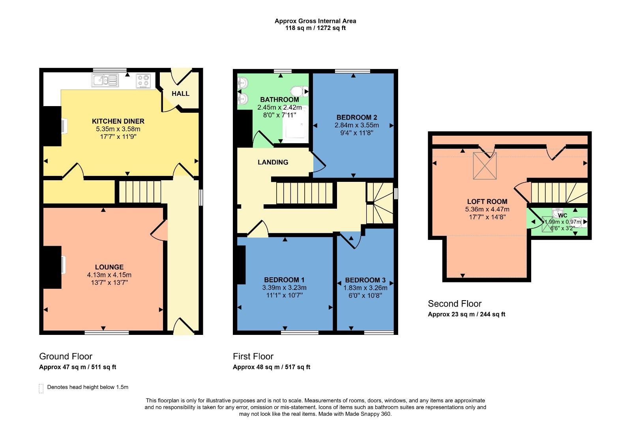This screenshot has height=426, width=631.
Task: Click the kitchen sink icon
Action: pos(105,80)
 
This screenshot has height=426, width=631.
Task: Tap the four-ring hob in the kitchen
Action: pos(144,81)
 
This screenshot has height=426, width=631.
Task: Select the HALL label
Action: pos(180,93)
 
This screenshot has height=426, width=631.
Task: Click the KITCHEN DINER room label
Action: pos(118,121)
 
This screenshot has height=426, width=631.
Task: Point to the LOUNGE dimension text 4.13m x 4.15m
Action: pos(109,275)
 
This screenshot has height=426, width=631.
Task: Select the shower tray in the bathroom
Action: pos(295,124)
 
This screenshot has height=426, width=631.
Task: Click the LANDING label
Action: pos(273,162)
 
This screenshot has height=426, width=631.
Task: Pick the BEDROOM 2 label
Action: pos(356,117)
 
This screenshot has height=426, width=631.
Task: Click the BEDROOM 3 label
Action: pos(365,280)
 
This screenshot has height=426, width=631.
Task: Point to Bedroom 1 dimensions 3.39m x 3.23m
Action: pos(284,288)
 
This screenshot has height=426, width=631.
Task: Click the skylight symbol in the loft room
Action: pos(485,166)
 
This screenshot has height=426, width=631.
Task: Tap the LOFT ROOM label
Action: pos(487,202)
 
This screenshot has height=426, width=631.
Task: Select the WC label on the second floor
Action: pos(563,215)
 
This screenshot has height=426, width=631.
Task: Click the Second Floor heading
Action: pos(455,304)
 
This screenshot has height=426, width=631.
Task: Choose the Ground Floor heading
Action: pos(66,357)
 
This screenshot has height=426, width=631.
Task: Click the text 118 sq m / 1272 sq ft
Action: pos(315,28)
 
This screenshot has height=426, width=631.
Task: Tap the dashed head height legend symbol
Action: pos(41,388)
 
